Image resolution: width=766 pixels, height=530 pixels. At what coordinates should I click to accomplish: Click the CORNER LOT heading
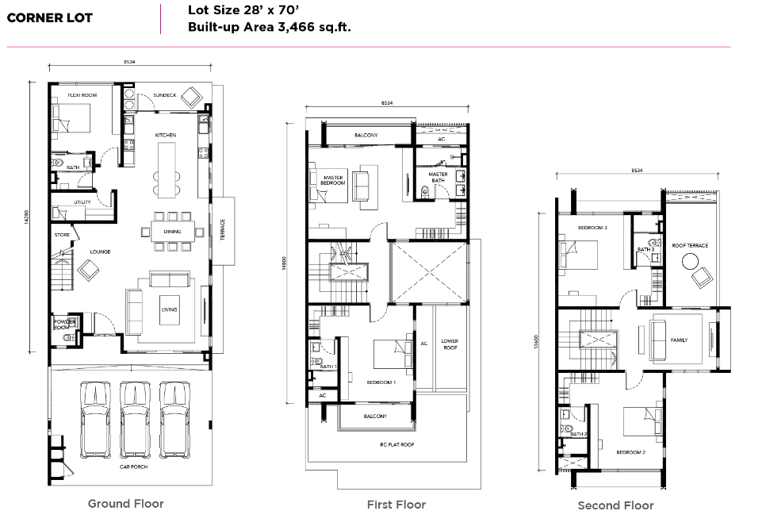(49, 18)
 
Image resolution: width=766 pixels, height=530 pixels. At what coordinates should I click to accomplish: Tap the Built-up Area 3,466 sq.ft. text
(269, 27)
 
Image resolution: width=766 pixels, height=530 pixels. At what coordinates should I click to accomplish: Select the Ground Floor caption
(125, 504)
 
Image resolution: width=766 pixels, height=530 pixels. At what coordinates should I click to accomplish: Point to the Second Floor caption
(615, 505)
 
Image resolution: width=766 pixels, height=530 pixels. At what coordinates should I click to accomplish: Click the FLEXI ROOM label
(82, 95)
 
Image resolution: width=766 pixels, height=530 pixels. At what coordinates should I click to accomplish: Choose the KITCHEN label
(166, 135)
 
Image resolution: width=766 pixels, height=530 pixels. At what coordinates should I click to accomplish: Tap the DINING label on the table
(172, 231)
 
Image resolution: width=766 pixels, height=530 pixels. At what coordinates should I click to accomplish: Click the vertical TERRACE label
(223, 230)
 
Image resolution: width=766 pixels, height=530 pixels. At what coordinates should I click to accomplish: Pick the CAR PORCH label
(133, 467)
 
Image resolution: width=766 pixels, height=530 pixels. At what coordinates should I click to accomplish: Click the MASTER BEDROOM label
(333, 180)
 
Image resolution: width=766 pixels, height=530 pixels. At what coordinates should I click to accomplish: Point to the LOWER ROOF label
(450, 344)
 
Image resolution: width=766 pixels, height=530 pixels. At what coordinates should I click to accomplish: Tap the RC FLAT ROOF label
(396, 444)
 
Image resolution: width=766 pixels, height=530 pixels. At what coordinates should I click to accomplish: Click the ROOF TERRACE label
(690, 245)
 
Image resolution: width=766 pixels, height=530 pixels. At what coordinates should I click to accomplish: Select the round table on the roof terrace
(691, 263)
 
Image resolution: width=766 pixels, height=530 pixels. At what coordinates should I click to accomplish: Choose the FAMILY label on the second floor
(679, 340)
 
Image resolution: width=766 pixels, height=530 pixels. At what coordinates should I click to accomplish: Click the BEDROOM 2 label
(630, 452)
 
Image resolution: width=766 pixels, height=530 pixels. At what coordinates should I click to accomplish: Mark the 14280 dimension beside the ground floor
(27, 217)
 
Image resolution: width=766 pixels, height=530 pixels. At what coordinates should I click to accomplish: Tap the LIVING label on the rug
(169, 309)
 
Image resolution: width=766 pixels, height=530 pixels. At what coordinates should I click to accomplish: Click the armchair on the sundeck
(191, 98)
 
